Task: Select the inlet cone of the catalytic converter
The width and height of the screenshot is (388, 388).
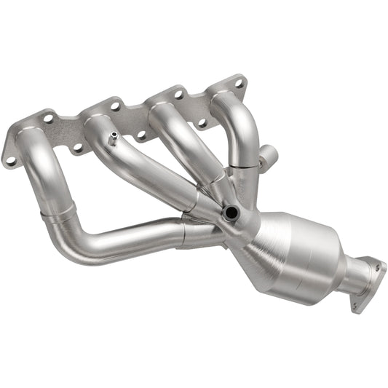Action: [251, 237]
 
